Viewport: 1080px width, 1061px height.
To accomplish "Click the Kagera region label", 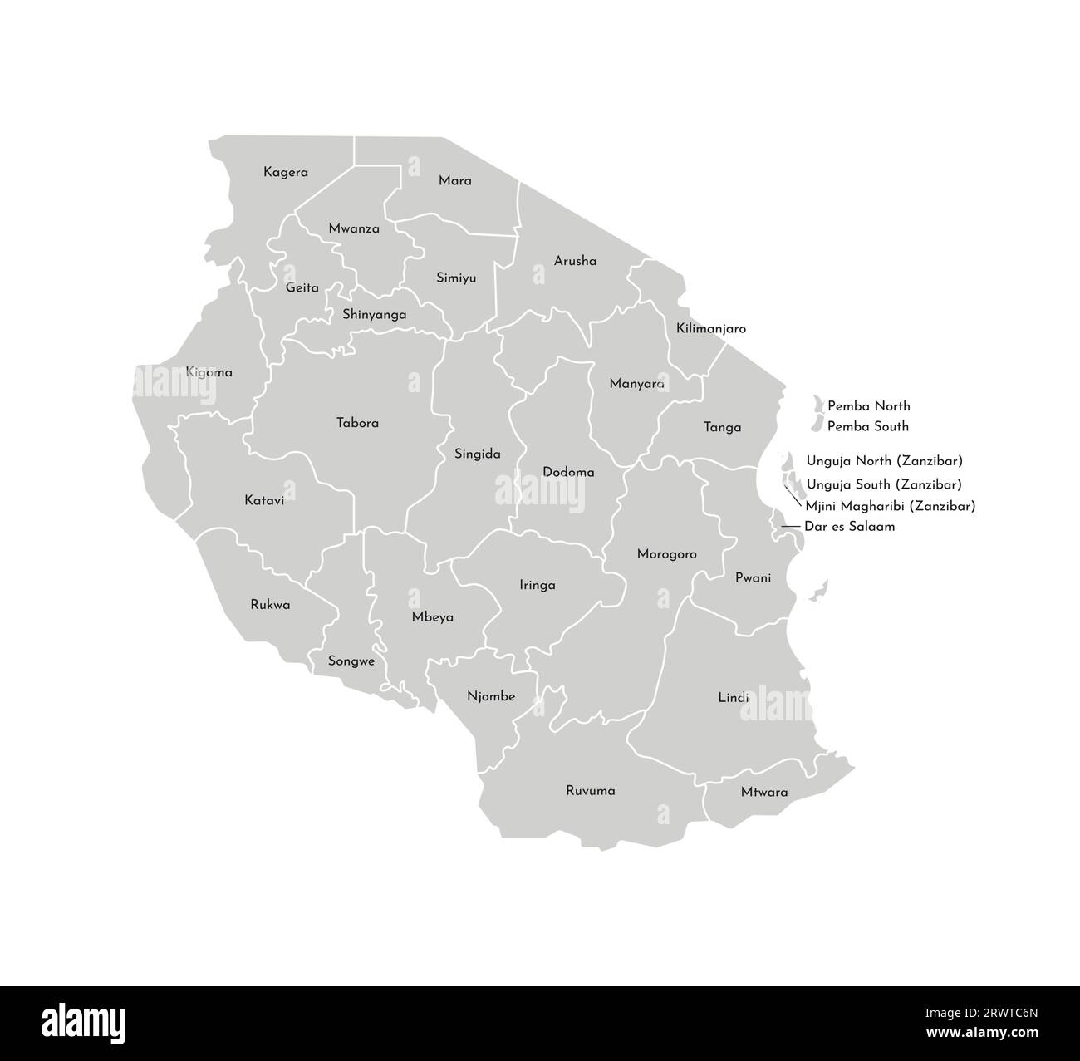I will pos(286,173).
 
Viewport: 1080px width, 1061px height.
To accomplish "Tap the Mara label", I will pos(454,180).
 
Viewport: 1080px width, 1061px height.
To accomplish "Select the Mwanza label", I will pos(354,228).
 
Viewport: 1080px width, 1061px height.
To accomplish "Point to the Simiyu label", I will pos(456,278).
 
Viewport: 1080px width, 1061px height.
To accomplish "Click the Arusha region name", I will pos(575,261).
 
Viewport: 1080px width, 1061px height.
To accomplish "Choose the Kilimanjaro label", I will pos(710,328).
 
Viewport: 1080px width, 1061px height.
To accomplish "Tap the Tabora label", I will pos(357,423).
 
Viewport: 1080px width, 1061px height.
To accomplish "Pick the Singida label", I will pos(478,454).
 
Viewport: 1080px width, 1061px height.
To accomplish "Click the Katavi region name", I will pos(264,500).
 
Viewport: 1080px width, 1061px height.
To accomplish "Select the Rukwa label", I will pos(270,605).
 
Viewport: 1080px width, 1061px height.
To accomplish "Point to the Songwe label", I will pos(351,662).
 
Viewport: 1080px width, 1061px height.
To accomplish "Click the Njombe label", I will pos(491,696).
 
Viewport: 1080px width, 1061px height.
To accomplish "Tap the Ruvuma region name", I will pos(591,790).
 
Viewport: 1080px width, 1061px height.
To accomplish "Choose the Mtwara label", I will pos(764,792).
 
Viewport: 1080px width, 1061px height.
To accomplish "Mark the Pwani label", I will pos(753,577).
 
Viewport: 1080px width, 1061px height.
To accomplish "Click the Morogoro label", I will pos(666,554).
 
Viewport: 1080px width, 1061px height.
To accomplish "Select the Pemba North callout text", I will pos(868,406).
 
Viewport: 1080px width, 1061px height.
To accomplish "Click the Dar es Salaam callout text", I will pos(849,526).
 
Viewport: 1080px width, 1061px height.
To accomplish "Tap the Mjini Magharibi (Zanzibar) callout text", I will pos(890,505).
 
